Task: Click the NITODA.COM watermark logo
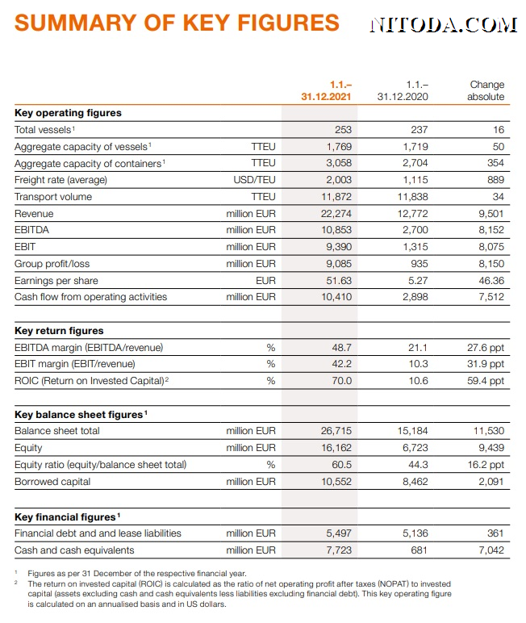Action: pos(444,25)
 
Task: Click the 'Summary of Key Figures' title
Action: pos(177,23)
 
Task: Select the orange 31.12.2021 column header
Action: pos(326,90)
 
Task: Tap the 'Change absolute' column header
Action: pos(486,90)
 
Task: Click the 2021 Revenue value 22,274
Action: pos(336,214)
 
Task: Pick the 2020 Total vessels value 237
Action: pos(420,130)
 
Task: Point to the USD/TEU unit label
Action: pos(254,180)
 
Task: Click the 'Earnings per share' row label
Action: pos(56,281)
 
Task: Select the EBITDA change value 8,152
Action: pos(491,230)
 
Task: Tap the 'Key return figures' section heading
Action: pos(59,331)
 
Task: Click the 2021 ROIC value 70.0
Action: pos(342,381)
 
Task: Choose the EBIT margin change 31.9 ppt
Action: pos(486,364)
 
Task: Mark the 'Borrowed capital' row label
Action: pos(52,482)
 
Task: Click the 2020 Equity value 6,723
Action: pos(415,448)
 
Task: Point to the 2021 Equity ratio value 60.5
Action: pos(342,465)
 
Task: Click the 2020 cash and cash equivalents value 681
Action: pos(420,550)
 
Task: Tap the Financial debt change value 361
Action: pos(495,533)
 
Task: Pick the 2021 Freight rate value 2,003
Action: pos(339,180)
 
